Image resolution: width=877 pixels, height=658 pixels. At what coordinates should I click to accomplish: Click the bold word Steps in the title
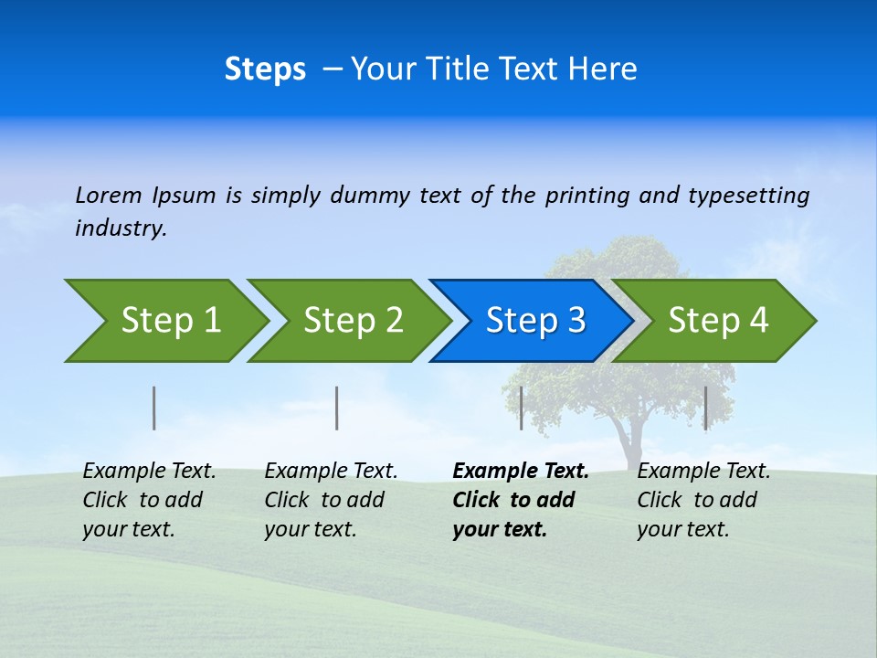coord(265,69)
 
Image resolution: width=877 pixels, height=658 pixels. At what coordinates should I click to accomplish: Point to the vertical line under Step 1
coord(154,408)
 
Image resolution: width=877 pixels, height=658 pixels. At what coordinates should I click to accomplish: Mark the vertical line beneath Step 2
coord(337,408)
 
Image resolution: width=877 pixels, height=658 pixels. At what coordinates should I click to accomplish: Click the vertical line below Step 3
coord(521,408)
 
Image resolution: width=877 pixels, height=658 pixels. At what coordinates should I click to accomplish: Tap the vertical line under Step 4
coord(705,408)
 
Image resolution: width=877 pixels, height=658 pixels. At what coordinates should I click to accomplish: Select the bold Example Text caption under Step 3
coord(520,500)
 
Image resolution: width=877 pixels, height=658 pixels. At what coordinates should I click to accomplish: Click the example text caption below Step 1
coord(149,500)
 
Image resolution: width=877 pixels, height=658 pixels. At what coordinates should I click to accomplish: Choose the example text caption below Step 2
coord(331,500)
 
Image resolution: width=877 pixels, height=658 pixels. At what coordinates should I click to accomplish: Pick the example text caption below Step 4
coord(703,500)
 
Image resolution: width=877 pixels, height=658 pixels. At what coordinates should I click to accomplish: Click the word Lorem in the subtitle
coord(109,196)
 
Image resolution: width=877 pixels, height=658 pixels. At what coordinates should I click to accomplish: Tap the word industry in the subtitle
coord(120,228)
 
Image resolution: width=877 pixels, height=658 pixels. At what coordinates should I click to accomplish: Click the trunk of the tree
coord(630,439)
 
